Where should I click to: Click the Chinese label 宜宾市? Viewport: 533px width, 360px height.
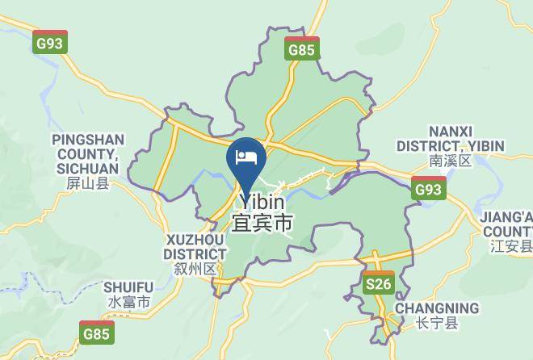coord(262,223)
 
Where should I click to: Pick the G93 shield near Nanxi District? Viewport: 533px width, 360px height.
coord(428,188)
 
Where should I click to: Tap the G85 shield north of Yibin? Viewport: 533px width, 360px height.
coord(302,48)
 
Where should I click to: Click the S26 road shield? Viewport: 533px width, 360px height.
coord(377,283)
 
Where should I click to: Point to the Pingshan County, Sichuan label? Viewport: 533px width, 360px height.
coord(86,154)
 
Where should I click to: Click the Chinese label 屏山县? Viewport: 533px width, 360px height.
coord(86,184)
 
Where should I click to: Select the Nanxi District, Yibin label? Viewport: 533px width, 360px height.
coord(450,139)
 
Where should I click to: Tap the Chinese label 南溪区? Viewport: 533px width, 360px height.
coord(450,161)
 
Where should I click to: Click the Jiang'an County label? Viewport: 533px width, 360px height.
coord(507,224)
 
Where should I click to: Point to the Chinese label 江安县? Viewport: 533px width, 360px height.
coord(512,246)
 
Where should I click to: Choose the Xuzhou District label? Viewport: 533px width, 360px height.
coord(195,247)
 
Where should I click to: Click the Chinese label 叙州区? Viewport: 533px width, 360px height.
coord(195,268)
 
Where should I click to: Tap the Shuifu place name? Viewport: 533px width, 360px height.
coord(128,287)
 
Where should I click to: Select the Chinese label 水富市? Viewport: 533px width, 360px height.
coord(128,303)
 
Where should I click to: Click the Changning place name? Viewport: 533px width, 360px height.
coord(435,308)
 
